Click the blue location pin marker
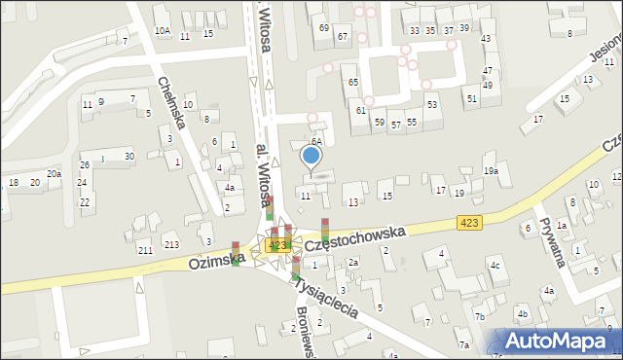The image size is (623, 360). click(x=311, y=156)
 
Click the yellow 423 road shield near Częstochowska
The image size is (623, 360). click(x=469, y=224)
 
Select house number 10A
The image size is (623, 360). click(x=162, y=31)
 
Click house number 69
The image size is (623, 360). click(x=323, y=28)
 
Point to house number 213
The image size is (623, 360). click(x=171, y=243)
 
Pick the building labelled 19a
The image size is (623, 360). click(x=491, y=171)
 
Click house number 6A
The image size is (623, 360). click(x=316, y=141)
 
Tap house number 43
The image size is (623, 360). click(x=486, y=38)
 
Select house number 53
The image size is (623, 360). click(x=431, y=104)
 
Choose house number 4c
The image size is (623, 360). click(x=495, y=265)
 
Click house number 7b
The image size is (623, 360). click(x=479, y=317)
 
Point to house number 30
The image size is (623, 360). click(x=128, y=156)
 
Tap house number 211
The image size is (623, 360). click(x=144, y=251)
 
